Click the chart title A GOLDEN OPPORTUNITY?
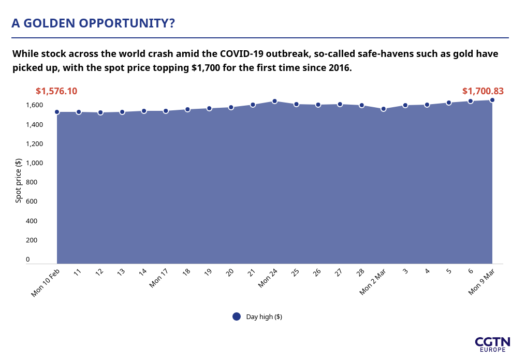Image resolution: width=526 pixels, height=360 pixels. (93, 23)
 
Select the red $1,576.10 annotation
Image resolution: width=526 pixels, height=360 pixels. (56, 91)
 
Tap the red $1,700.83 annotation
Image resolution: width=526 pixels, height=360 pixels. (483, 91)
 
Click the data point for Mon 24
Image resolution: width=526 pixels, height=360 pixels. (274, 102)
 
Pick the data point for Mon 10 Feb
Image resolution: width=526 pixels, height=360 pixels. (57, 112)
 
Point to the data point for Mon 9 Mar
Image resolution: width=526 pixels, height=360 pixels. (492, 100)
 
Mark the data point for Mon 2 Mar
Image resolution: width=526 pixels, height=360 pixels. (384, 109)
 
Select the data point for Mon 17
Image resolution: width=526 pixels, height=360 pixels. (166, 111)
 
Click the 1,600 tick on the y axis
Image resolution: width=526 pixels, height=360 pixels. (34, 105)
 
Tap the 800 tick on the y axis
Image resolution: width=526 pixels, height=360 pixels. (32, 182)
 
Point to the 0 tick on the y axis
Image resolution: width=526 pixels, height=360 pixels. (28, 259)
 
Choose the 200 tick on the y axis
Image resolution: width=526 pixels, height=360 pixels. (32, 240)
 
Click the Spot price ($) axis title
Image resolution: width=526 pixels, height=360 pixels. (19, 180)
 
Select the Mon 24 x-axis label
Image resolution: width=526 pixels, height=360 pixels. (268, 278)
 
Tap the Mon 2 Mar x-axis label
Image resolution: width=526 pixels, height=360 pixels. (373, 282)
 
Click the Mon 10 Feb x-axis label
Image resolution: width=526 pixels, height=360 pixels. (45, 283)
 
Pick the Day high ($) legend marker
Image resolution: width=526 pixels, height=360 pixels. (237, 316)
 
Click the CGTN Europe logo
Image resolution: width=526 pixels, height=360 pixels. (492, 344)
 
